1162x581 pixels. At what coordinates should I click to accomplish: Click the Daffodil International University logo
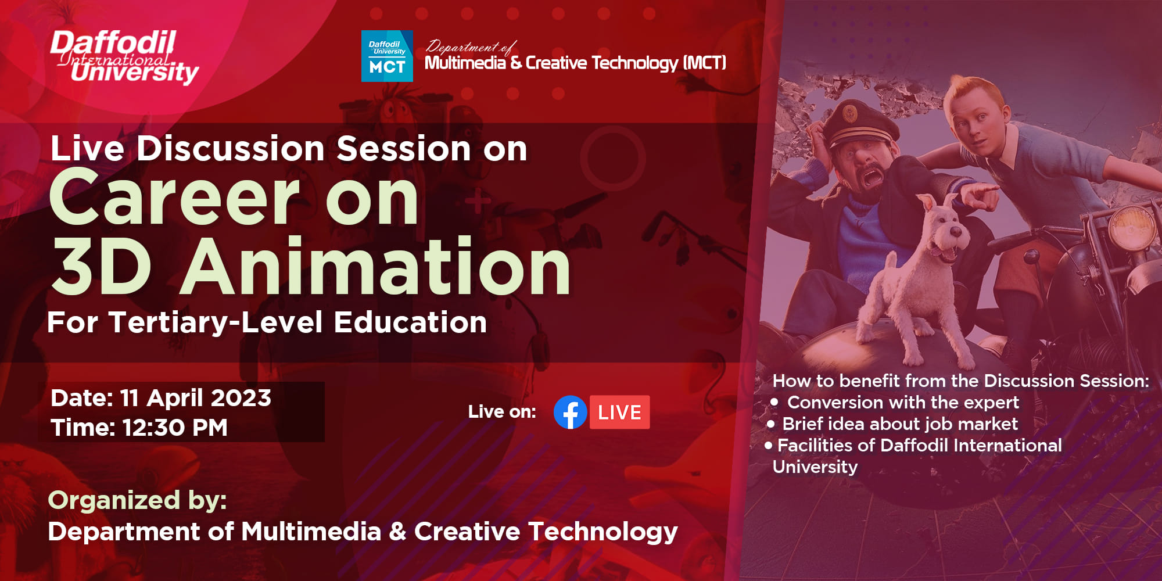click(x=124, y=56)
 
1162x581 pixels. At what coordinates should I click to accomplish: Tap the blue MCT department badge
click(x=387, y=56)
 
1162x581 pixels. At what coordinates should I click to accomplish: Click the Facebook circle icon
click(x=570, y=413)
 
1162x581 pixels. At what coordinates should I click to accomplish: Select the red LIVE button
click(x=619, y=413)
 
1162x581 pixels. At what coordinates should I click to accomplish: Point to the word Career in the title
click(x=174, y=199)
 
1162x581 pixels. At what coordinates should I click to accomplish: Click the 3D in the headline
click(x=102, y=267)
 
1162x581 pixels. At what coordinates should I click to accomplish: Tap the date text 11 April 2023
click(x=195, y=399)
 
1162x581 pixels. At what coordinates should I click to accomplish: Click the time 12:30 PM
click(x=175, y=428)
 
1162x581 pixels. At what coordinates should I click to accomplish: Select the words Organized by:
click(x=137, y=500)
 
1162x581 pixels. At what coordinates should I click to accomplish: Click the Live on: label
click(x=502, y=412)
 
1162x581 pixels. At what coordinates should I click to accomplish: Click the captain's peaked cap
click(x=851, y=122)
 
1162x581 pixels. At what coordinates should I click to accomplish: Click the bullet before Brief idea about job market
click(x=770, y=424)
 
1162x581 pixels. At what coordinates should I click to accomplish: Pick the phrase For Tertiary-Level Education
click(x=267, y=322)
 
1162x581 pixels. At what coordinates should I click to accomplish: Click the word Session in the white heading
click(x=404, y=149)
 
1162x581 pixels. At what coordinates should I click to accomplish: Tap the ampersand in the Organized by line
click(x=398, y=532)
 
